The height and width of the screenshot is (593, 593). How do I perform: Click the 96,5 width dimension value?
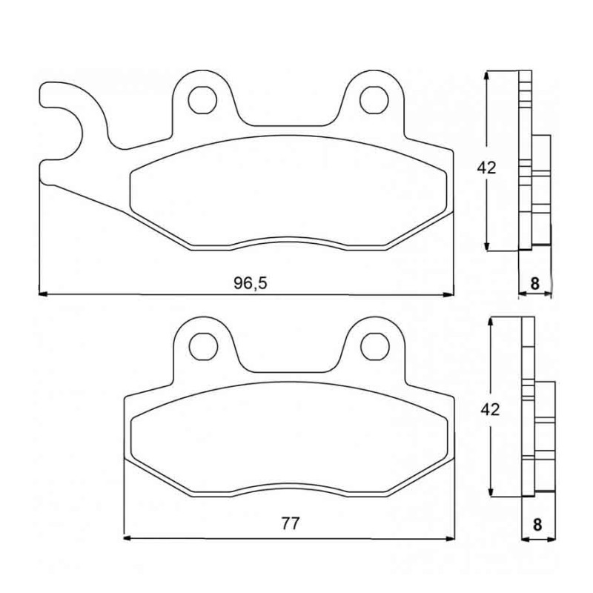click(251, 283)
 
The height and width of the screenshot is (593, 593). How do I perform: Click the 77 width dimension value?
click(291, 523)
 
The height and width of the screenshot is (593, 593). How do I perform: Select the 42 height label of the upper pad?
click(486, 168)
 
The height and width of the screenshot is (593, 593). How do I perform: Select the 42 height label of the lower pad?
click(490, 409)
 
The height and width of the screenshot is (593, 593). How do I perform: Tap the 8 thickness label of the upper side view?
click(534, 283)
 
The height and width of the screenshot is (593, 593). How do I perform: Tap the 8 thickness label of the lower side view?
click(537, 525)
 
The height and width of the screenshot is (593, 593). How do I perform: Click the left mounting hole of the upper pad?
click(202, 100)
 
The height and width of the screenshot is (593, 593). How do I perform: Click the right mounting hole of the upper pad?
click(374, 100)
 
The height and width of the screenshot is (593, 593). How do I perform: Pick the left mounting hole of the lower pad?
click(203, 346)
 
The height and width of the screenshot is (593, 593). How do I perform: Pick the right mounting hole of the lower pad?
click(375, 346)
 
